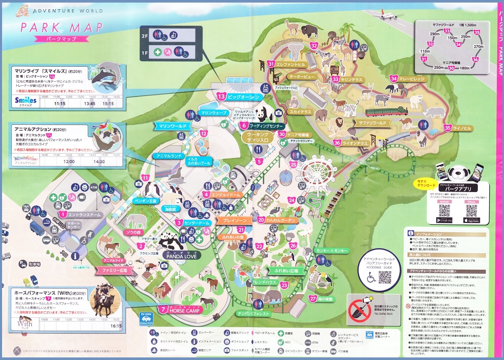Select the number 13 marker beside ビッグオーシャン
coord(222,96)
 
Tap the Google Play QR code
coord(444,210)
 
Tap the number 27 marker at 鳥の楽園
coord(313,298)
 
